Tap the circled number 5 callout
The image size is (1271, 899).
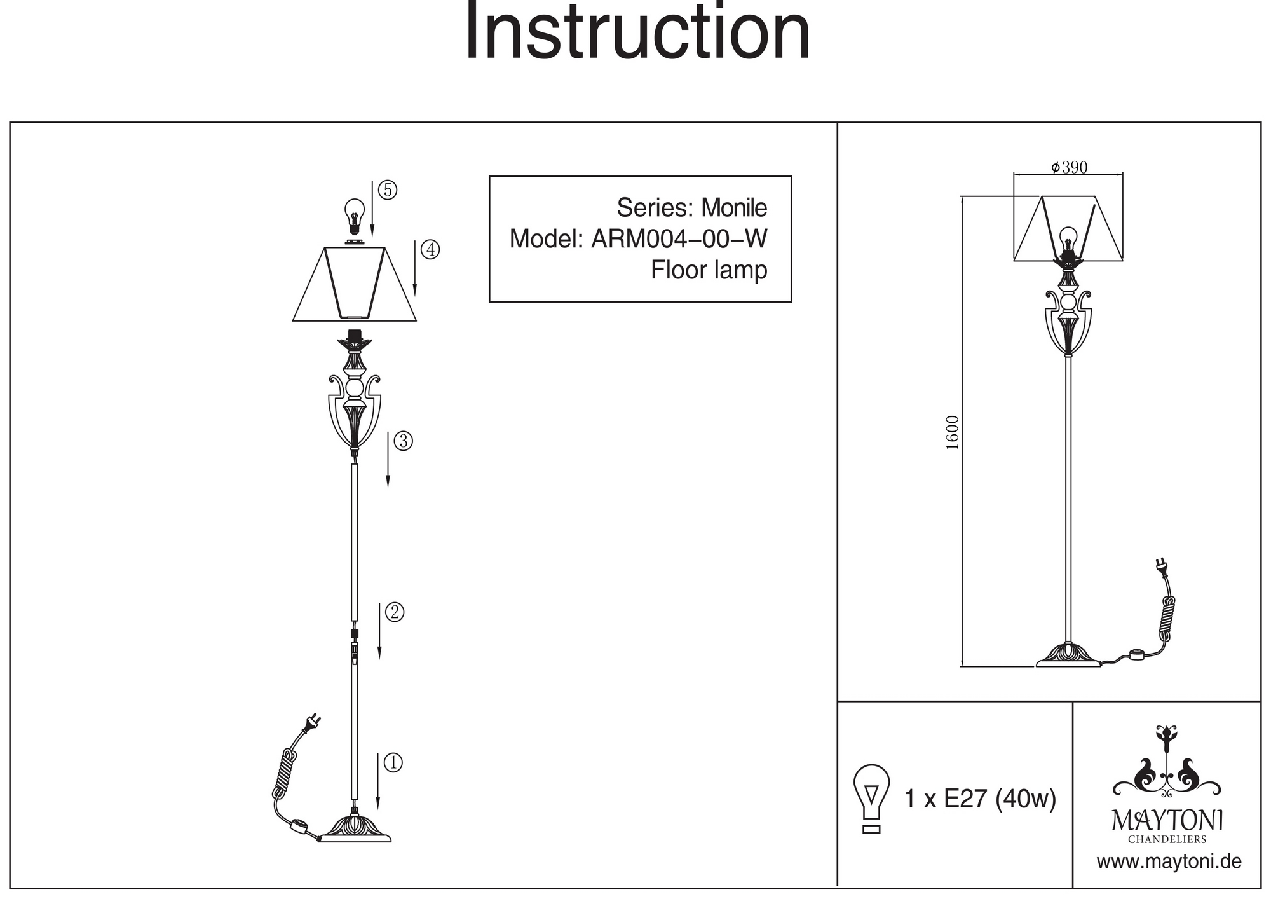pyautogui.click(x=387, y=190)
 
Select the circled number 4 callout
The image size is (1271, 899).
pyautogui.click(x=430, y=249)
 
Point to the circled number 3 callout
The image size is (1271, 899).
pyautogui.click(x=403, y=441)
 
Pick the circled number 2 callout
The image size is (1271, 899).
pyautogui.click(x=394, y=612)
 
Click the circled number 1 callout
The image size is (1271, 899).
pyautogui.click(x=393, y=762)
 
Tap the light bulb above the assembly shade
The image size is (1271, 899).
pyautogui.click(x=355, y=215)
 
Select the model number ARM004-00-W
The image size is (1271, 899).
pyautogui.click(x=679, y=239)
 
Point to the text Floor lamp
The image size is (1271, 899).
pyautogui.click(x=709, y=270)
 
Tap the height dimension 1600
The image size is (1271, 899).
pyautogui.click(x=952, y=432)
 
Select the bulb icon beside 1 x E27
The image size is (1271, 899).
pyautogui.click(x=871, y=797)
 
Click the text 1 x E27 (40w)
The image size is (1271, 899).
pyautogui.click(x=979, y=799)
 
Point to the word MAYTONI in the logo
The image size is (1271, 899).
pyautogui.click(x=1167, y=820)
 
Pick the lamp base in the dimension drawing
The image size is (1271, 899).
pyautogui.click(x=1068, y=656)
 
